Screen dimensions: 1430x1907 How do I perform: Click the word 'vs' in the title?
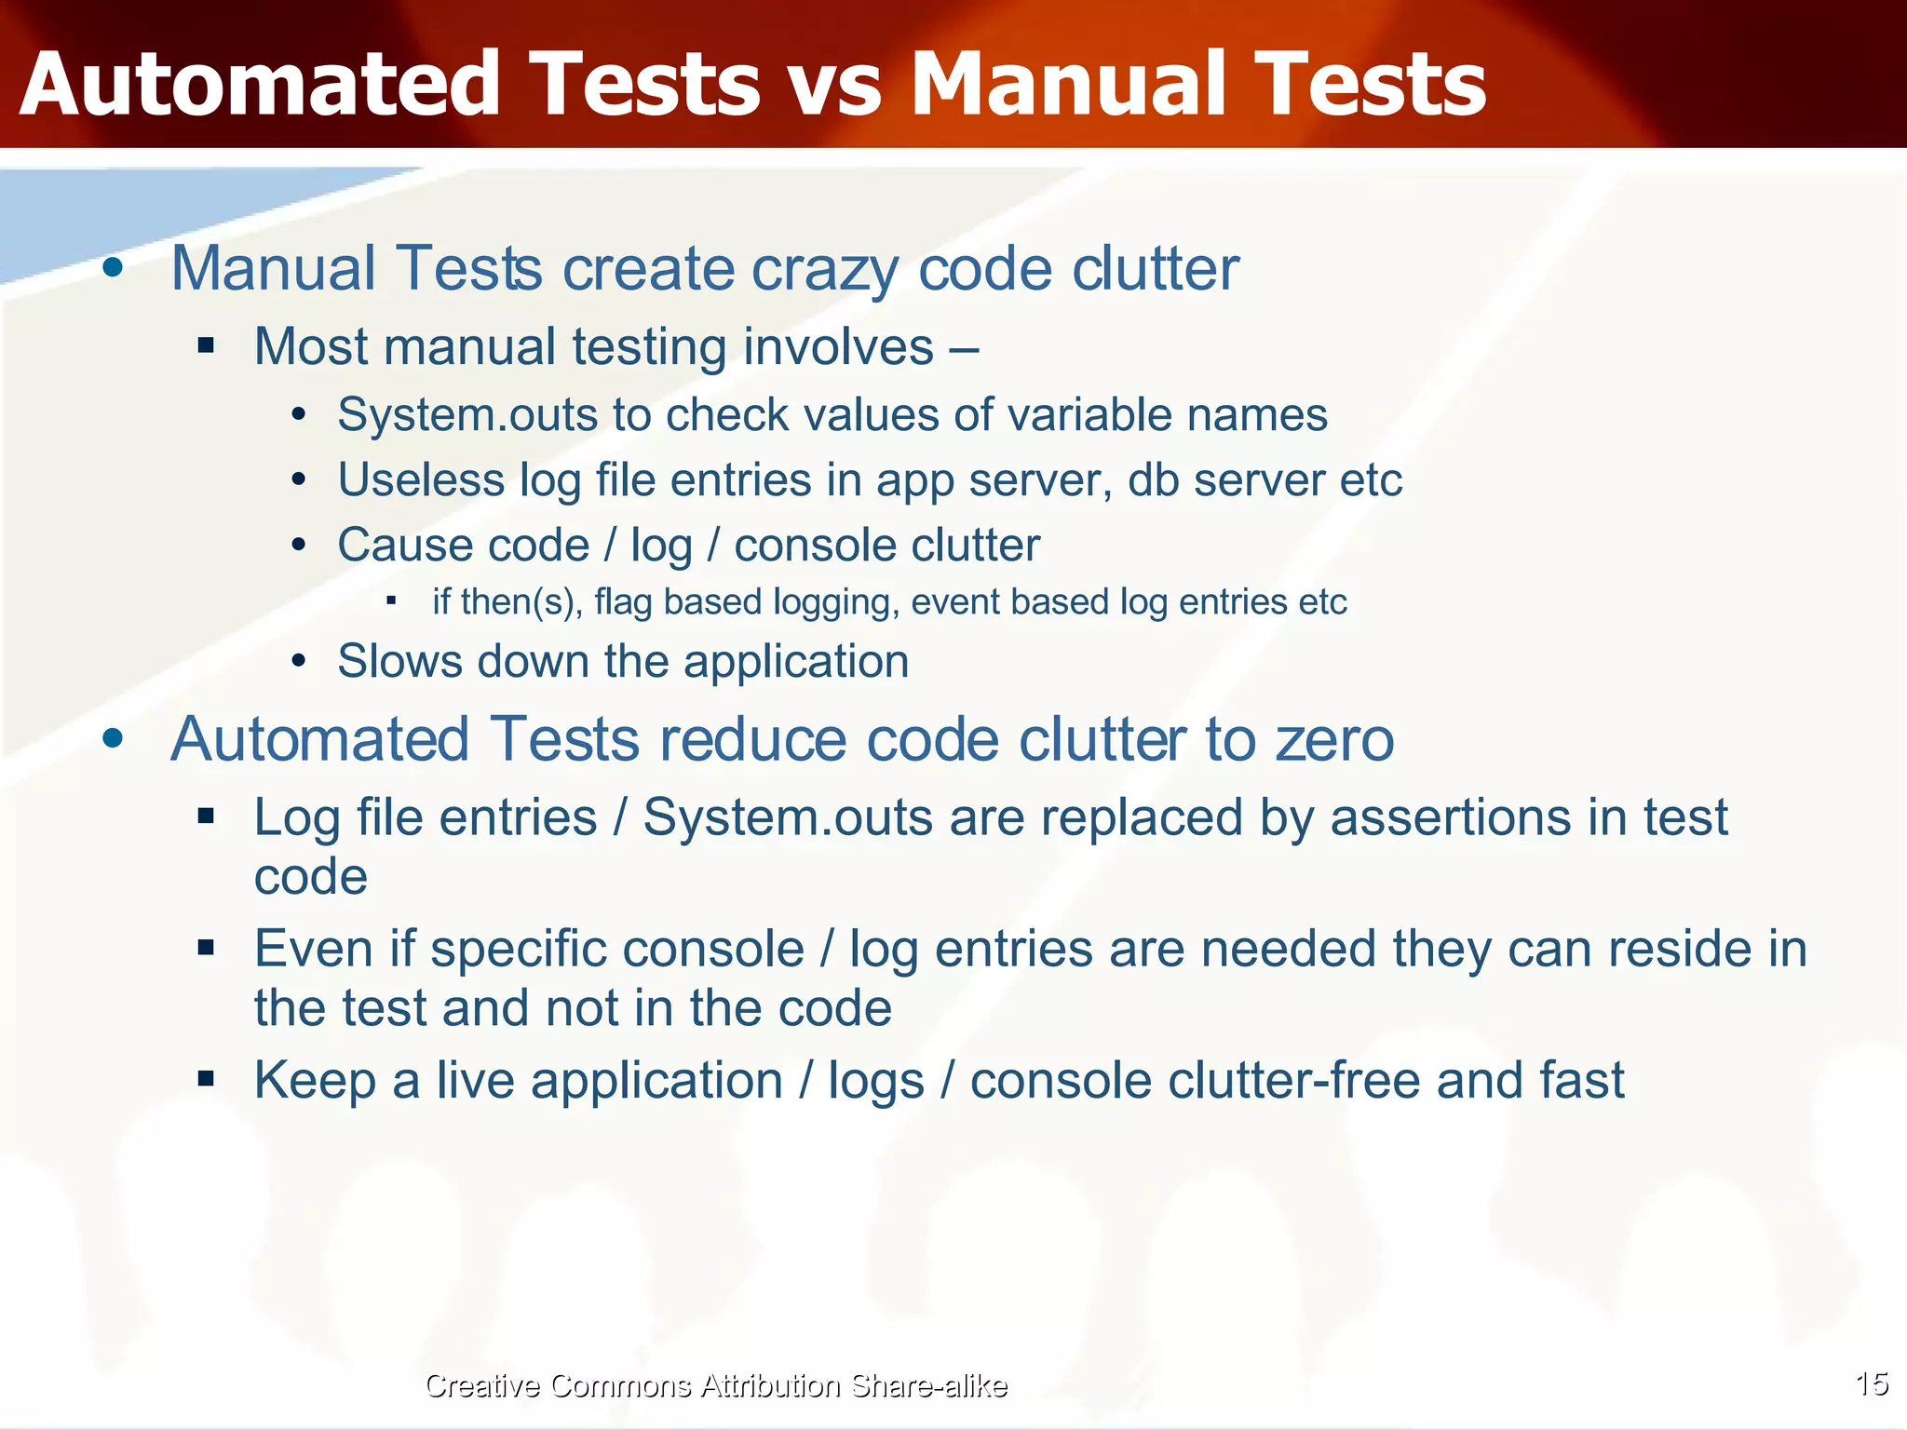point(834,86)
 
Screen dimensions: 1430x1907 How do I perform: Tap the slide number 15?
point(1871,1383)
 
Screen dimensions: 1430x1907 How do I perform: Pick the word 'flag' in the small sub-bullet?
point(623,602)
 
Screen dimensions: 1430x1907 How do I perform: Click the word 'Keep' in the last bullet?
point(315,1081)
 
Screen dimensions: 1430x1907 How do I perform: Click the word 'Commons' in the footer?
point(619,1385)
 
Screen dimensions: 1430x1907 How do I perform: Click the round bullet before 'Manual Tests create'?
point(113,269)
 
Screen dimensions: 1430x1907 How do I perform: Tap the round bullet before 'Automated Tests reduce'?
point(113,739)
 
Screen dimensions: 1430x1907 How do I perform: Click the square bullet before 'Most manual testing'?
point(206,347)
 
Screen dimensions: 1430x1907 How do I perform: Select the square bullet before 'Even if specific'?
point(206,949)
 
